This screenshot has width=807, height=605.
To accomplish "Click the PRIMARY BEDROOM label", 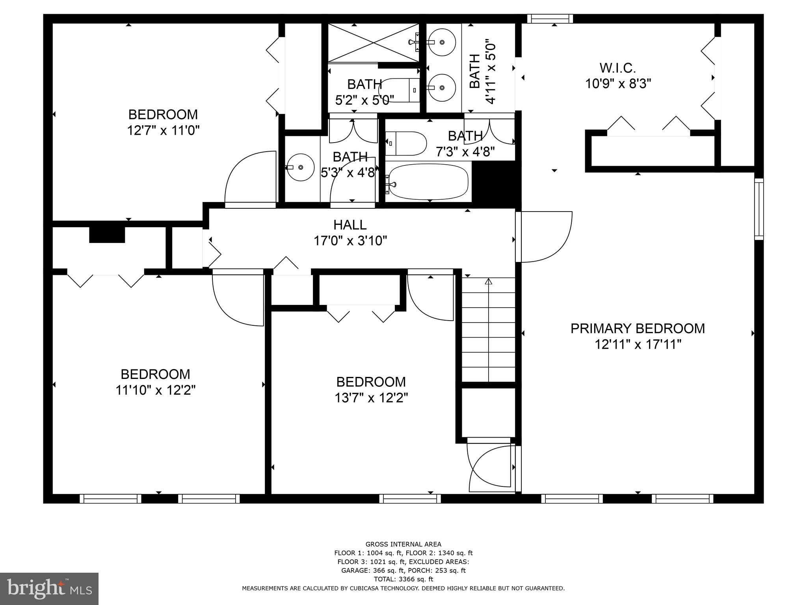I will tap(638, 328).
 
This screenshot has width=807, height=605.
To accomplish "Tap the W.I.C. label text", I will tap(617, 68).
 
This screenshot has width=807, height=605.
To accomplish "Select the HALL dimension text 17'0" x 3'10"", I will tap(350, 241).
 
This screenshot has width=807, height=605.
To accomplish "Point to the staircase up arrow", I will tap(489, 282).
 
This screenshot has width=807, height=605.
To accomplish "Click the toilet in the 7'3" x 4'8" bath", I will tap(407, 143).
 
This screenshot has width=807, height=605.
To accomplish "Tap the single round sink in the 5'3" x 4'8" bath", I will tap(300, 167).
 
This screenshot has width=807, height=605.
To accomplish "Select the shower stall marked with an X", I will tap(373, 43).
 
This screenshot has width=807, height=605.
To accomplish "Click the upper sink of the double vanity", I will tap(442, 42).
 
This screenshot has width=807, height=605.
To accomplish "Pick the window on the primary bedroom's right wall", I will tap(759, 209).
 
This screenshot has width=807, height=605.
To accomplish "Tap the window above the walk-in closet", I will tap(550, 19).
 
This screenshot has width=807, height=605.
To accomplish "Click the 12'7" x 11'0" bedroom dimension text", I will tap(163, 130).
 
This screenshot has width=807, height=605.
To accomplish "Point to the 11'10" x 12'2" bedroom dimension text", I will tap(155, 390).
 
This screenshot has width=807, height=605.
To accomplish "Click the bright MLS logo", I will tap(49, 588).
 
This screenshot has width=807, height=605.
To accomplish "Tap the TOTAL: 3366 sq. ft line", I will tap(403, 579).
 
